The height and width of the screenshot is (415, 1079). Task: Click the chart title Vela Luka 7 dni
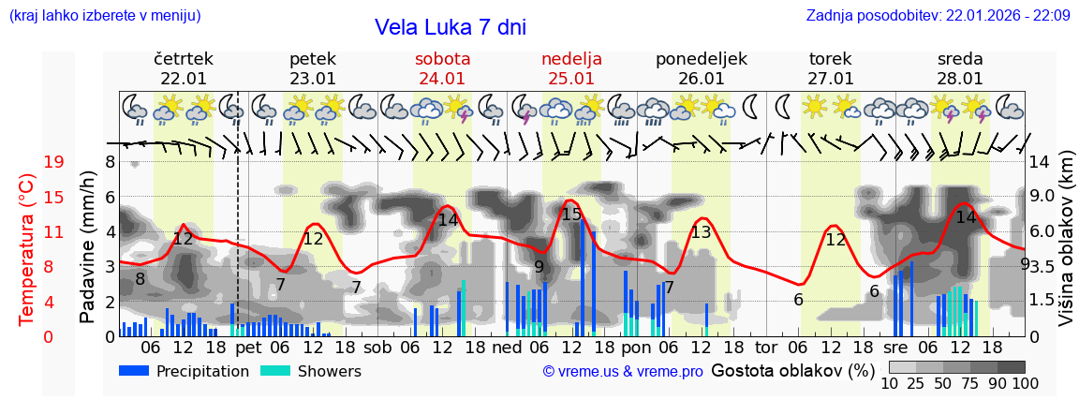coord(451,27)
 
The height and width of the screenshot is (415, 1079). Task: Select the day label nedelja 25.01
coord(571,68)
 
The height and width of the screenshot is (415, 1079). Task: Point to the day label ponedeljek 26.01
coord(702,68)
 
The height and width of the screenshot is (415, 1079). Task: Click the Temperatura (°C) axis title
coord(26,248)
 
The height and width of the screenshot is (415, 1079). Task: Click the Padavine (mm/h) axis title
coord(88,246)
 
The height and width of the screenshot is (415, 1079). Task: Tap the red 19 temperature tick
coord(53,162)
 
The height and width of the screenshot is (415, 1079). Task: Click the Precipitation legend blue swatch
coord(135,371)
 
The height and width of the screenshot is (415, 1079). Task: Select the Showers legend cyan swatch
coord(275,371)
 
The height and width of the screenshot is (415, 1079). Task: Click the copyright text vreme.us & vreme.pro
coord(622,372)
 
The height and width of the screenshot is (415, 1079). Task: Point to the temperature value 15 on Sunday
coord(571,214)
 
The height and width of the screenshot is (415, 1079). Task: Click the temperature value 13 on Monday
coord(701,231)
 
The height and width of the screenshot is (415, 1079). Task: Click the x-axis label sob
coord(378,347)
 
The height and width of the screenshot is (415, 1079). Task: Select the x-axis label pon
coord(636,347)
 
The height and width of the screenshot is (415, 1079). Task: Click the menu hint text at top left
coord(104,15)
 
